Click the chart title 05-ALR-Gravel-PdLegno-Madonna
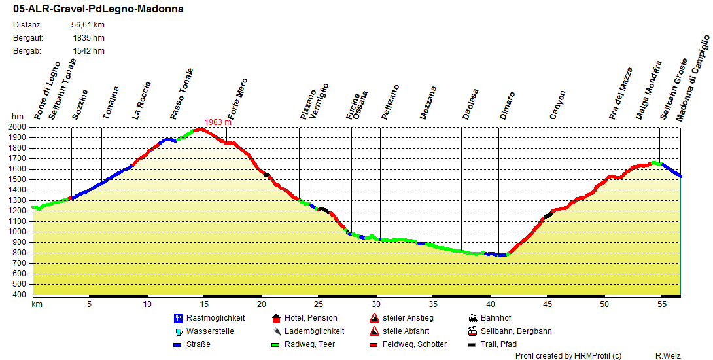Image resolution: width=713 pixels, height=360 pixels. pos(98,9)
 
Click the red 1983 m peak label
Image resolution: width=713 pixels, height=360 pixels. pos(218,122)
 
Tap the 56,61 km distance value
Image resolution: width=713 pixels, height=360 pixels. pos(88,25)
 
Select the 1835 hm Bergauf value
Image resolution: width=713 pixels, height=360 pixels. pos(89,38)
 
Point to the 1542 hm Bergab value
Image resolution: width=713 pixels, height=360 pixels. pos(89,51)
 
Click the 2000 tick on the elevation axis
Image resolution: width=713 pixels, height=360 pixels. pos(17,127)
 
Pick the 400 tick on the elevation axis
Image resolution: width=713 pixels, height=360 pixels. pos(20,295)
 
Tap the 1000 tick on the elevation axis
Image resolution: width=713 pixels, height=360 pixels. pos(17,232)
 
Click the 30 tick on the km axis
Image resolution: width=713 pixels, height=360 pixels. pos(375,304)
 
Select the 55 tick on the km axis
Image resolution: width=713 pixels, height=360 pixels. pos(662,304)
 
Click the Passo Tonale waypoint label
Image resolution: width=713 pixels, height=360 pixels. pos(182,94)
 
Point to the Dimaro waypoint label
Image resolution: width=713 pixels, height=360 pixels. pos(508,105)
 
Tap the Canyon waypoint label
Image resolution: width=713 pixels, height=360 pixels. pos(558,105)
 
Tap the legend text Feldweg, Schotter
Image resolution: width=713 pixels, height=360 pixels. pos(415,344)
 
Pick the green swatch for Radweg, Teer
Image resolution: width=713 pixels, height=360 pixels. pos(276,344)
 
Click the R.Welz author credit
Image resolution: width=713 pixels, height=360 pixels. pos(667,355)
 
